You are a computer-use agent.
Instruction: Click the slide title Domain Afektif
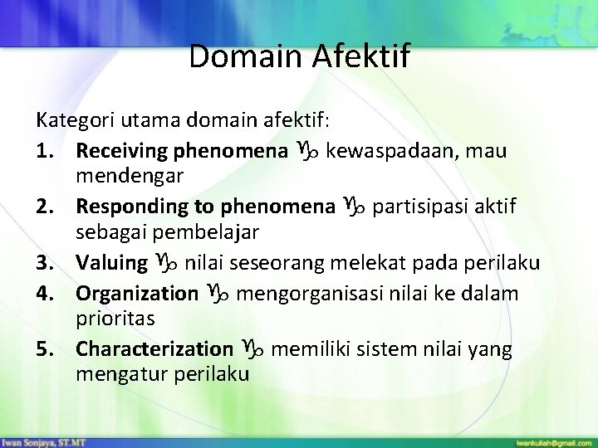point(299,56)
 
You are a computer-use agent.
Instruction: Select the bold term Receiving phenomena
point(176,151)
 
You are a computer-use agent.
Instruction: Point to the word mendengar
point(129,176)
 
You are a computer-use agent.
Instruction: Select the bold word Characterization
point(154,348)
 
